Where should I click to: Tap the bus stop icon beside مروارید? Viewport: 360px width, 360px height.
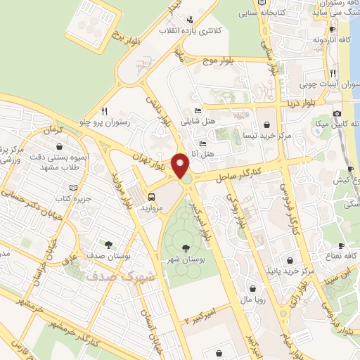pyautogui.click(x=153, y=197)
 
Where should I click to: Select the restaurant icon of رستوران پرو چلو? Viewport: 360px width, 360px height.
pyautogui.click(x=105, y=110)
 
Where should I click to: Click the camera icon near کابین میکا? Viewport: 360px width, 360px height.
pyautogui.click(x=337, y=114)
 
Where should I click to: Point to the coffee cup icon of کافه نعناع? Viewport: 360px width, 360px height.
pyautogui.click(x=341, y=247)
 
